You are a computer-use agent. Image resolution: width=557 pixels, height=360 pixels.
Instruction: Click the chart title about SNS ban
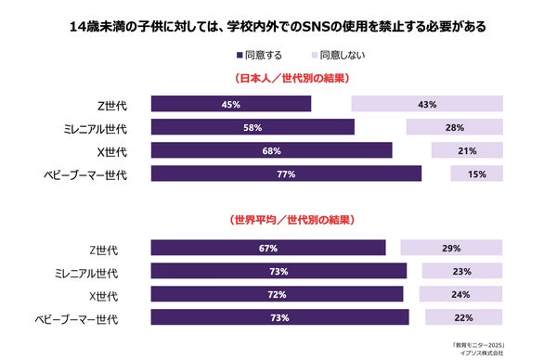pos(278,25)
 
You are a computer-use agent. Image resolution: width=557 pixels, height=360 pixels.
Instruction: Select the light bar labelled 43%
pos(427,104)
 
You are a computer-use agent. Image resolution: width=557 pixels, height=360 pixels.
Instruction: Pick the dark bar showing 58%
pos(253,127)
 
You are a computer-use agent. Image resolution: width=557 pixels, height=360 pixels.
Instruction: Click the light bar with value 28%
pos(454,127)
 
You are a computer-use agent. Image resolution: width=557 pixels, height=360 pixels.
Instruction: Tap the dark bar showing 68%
pos(271,150)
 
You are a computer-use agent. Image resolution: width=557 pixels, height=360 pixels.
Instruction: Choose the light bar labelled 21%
pos(467,150)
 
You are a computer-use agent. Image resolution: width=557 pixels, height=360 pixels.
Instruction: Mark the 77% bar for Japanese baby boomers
pos(286,174)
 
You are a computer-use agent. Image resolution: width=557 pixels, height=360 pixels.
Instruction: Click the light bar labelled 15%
pos(476,174)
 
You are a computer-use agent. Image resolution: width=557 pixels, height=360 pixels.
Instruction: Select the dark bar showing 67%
pos(268,248)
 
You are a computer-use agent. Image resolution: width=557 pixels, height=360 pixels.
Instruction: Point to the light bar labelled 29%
pos(451,248)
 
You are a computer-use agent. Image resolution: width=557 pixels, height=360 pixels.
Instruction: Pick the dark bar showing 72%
pos(277,294)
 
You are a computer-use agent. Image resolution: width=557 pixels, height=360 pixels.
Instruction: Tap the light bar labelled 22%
pos(464,317)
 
